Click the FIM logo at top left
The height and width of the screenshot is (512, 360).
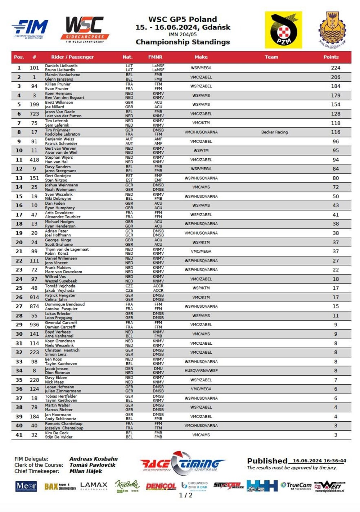tap(30, 29)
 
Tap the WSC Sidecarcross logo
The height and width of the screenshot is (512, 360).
tap(85, 30)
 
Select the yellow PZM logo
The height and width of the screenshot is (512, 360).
tap(283, 30)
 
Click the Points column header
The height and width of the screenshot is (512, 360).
tap(331, 57)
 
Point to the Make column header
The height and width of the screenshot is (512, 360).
tap(201, 57)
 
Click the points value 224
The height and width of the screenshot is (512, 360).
tap(336, 68)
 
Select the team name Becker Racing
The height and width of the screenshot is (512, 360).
tap(274, 132)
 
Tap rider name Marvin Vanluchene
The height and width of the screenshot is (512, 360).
tap(63, 75)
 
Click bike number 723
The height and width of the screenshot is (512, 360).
tap(34, 114)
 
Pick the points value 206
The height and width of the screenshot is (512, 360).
tap(336, 77)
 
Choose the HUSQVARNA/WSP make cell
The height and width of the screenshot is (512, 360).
tap(201, 371)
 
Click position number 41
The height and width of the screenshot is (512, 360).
tap(19, 435)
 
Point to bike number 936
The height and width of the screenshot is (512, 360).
tap(34, 325)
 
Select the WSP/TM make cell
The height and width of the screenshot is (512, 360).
tap(201, 150)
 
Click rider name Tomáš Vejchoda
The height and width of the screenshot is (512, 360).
tap(60, 286)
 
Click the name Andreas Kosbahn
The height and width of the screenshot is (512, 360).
tap(94, 459)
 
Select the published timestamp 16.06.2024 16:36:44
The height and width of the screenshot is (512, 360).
tap(319, 461)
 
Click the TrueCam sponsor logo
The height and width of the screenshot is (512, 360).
tap(296, 485)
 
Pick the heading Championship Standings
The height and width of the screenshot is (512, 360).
tap(183, 42)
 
